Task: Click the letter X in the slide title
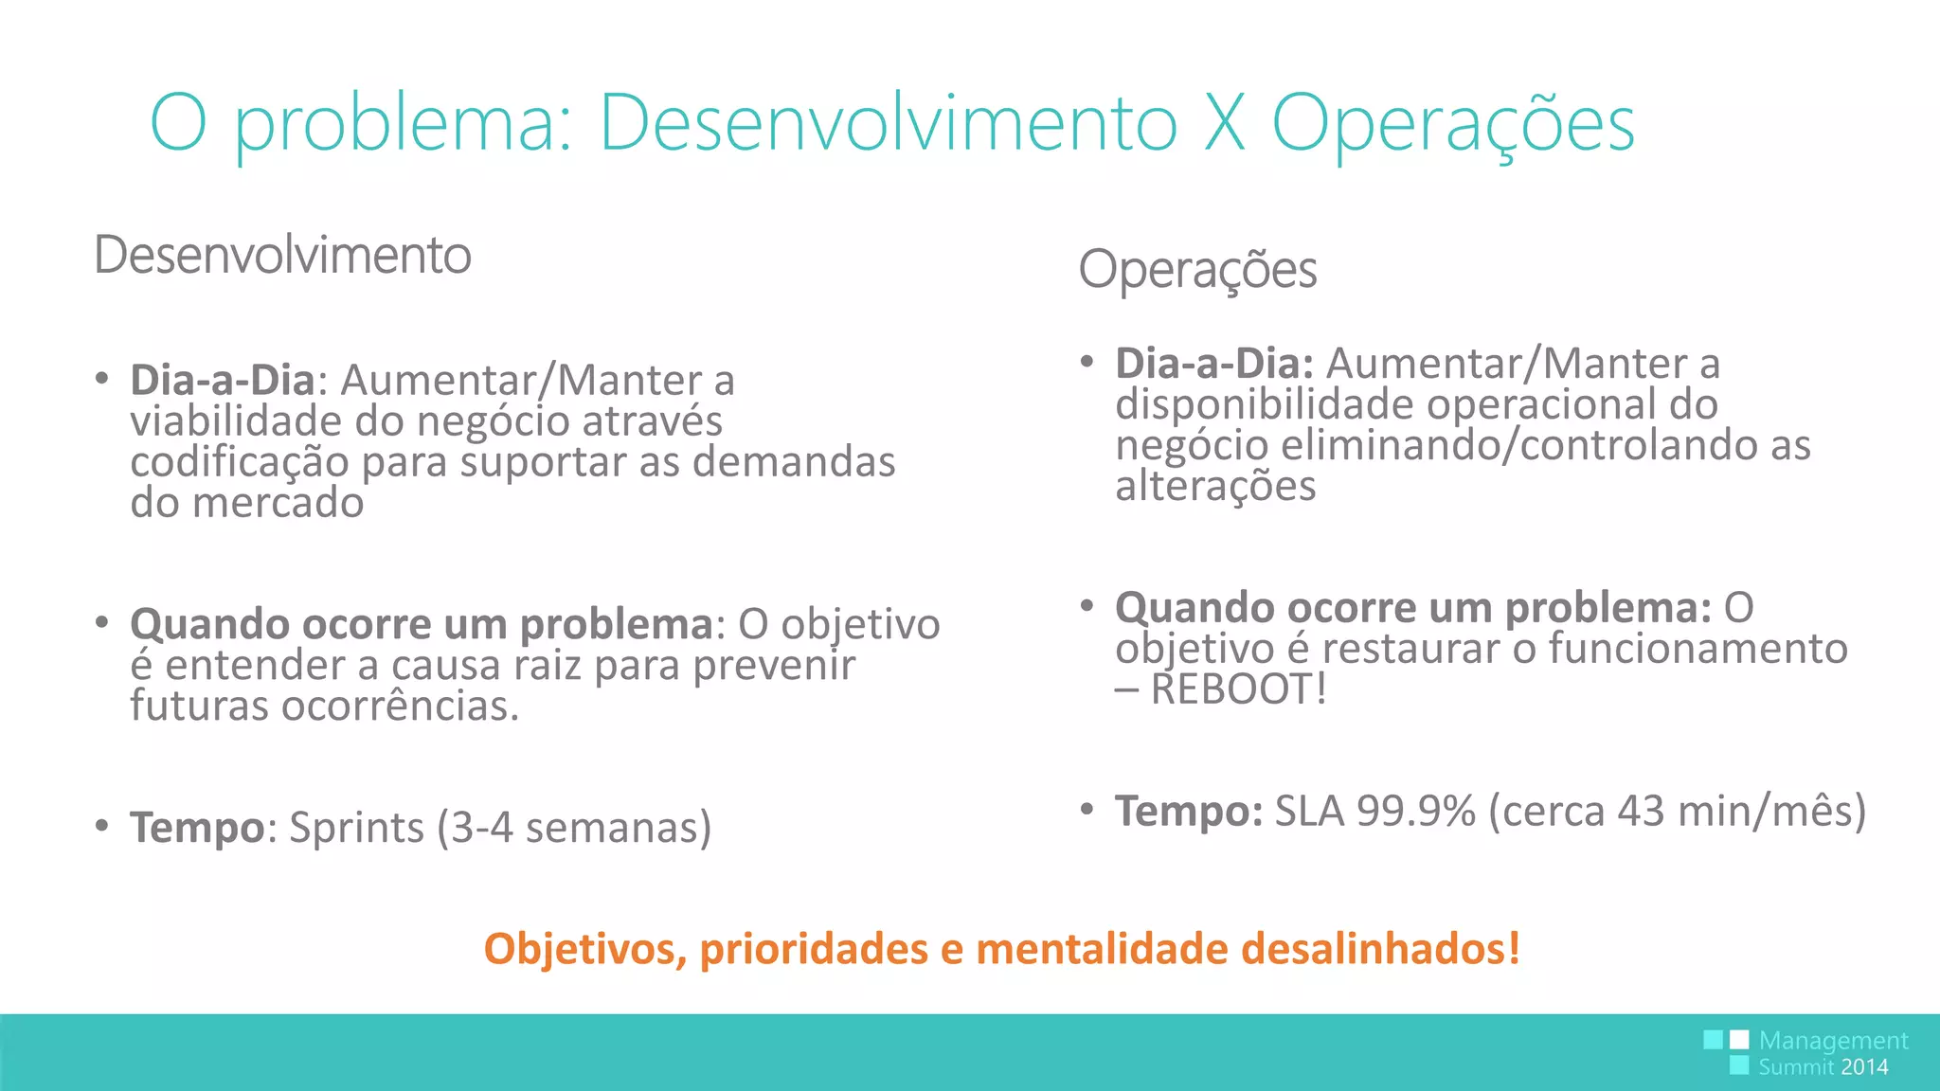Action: click(1224, 123)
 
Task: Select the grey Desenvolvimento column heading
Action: click(282, 255)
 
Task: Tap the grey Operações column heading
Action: click(1197, 270)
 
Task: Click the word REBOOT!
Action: click(1238, 689)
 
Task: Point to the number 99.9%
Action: click(1416, 811)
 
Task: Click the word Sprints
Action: click(356, 828)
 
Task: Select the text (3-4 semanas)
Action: click(574, 828)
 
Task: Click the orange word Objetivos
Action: click(584, 949)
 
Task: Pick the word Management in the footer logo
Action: click(1833, 1041)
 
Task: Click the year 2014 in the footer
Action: click(1864, 1067)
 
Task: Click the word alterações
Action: click(1215, 487)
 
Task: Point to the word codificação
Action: click(240, 463)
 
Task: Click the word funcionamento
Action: click(1697, 650)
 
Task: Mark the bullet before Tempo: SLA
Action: click(1087, 810)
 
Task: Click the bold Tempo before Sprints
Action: click(197, 828)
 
